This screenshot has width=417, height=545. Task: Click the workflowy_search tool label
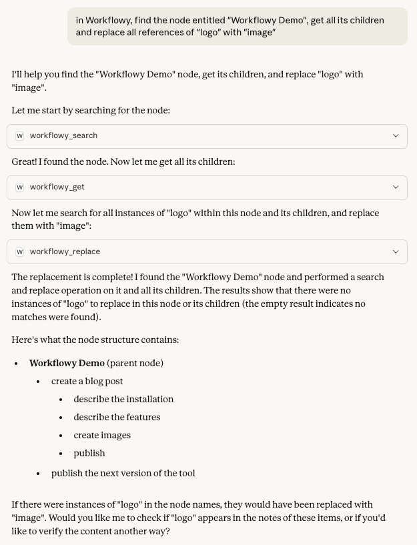pos(63,135)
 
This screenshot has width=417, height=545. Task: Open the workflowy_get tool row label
pos(57,187)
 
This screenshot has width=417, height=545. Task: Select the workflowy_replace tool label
pos(65,251)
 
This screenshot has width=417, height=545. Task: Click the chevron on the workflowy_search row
pos(396,135)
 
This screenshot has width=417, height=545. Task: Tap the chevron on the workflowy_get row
pos(396,187)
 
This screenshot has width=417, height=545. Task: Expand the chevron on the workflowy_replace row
pos(396,251)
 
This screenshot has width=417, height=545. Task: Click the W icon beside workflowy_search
pos(20,135)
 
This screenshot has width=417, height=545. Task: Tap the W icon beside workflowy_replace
pos(20,251)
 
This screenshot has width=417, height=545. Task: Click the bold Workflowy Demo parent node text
pos(67,363)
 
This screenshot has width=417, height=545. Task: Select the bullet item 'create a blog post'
pos(87,381)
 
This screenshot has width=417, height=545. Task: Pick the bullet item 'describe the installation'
pos(123,399)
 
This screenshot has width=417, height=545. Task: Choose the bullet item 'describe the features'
pos(117,417)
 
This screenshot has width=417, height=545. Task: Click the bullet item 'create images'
pos(102,435)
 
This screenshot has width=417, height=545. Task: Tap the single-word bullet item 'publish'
pos(89,453)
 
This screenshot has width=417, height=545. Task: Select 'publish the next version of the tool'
pos(123,473)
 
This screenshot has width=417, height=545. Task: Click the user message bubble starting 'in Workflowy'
pos(237,26)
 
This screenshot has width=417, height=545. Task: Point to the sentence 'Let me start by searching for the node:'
pos(91,110)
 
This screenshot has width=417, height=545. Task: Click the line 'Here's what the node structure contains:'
pos(95,340)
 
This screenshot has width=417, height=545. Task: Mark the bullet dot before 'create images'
pos(61,436)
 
